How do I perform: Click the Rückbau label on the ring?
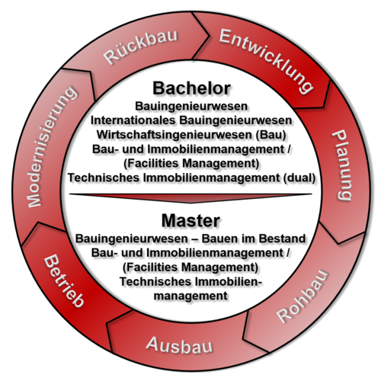[x=141, y=46]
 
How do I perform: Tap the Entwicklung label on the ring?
[x=266, y=60]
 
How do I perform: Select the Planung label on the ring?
[x=343, y=165]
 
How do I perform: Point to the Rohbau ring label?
[x=303, y=296]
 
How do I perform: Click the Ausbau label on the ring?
[x=179, y=345]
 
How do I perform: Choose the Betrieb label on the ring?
[x=63, y=281]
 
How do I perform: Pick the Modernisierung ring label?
[x=52, y=147]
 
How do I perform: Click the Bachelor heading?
[x=191, y=88]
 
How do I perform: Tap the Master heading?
[x=190, y=220]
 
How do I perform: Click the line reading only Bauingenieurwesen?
[x=191, y=106]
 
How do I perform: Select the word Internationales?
[x=133, y=120]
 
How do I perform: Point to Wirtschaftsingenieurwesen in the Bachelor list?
[x=174, y=134]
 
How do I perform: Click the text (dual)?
[x=299, y=178]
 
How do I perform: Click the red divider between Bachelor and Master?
[x=190, y=197]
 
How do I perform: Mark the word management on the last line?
[x=190, y=296]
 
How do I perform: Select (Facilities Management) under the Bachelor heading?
[x=191, y=163]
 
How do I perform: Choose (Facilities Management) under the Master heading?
[x=190, y=267]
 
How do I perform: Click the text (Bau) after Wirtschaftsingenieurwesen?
[x=271, y=134]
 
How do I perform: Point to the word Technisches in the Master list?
[x=155, y=281]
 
